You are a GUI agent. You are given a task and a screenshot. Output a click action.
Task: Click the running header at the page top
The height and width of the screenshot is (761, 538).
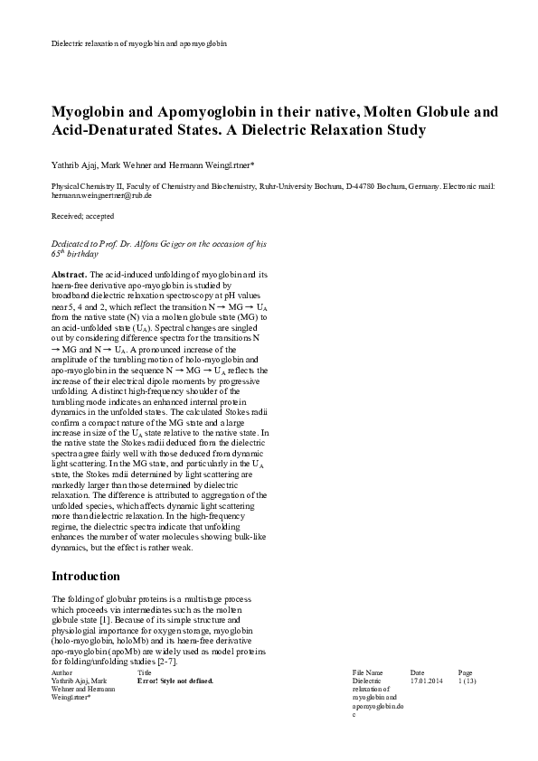138,42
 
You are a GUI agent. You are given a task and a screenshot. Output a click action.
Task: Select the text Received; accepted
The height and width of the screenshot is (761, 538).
83,216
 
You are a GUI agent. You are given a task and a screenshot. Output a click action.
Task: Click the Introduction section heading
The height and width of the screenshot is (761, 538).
85,576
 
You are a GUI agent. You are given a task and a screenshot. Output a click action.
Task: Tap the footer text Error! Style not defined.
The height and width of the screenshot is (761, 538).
175,681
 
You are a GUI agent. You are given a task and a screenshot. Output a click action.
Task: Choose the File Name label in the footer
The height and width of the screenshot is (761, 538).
367,672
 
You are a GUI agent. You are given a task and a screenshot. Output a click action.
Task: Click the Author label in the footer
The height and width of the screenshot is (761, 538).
62,672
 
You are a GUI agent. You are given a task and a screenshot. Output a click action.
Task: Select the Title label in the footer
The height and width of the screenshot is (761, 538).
145,672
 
